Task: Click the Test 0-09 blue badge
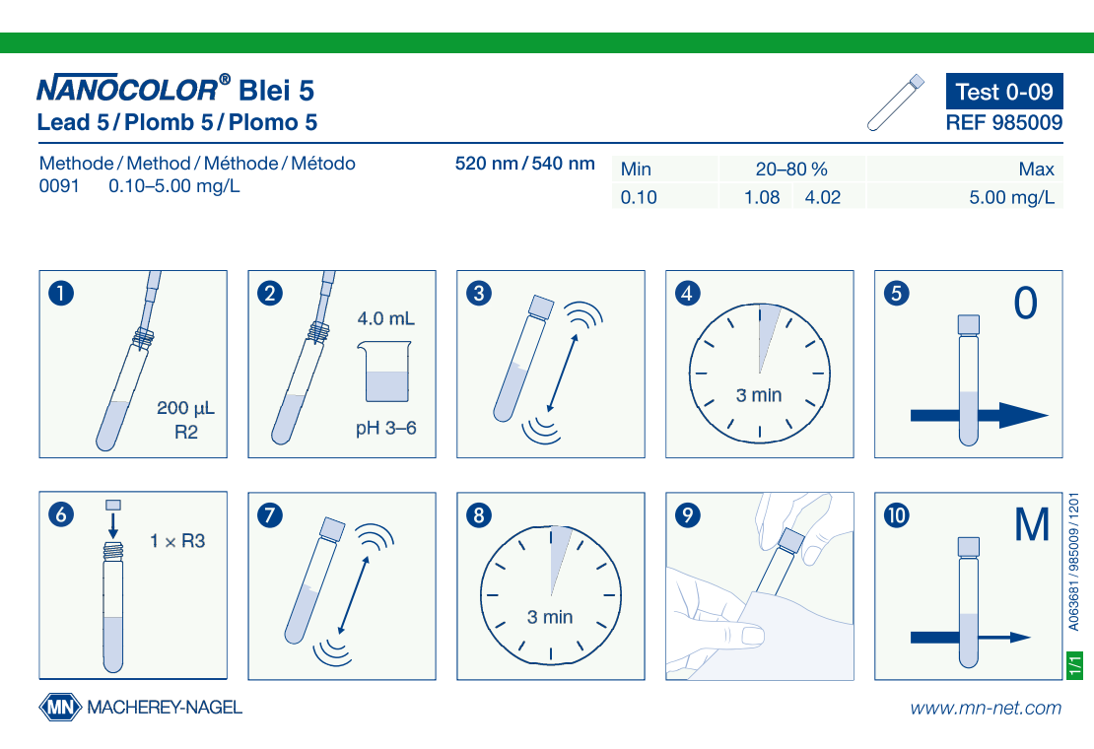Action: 1004,92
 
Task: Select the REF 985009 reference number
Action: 1004,123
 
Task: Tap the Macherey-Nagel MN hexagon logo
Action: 61,708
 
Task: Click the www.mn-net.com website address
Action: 986,709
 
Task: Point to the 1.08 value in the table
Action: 762,197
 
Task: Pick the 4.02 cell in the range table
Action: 823,197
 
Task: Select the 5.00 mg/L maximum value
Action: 1011,197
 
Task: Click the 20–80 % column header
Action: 791,170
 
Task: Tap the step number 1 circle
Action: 61,293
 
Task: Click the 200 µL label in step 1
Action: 185,408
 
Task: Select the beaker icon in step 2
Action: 384,371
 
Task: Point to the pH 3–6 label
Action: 385,428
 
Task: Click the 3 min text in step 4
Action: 759,395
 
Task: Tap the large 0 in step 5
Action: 1026,303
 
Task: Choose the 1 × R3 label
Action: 177,541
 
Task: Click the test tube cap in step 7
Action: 332,529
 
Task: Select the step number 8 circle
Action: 479,515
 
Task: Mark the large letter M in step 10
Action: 1032,524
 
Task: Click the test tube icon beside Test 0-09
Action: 896,102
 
